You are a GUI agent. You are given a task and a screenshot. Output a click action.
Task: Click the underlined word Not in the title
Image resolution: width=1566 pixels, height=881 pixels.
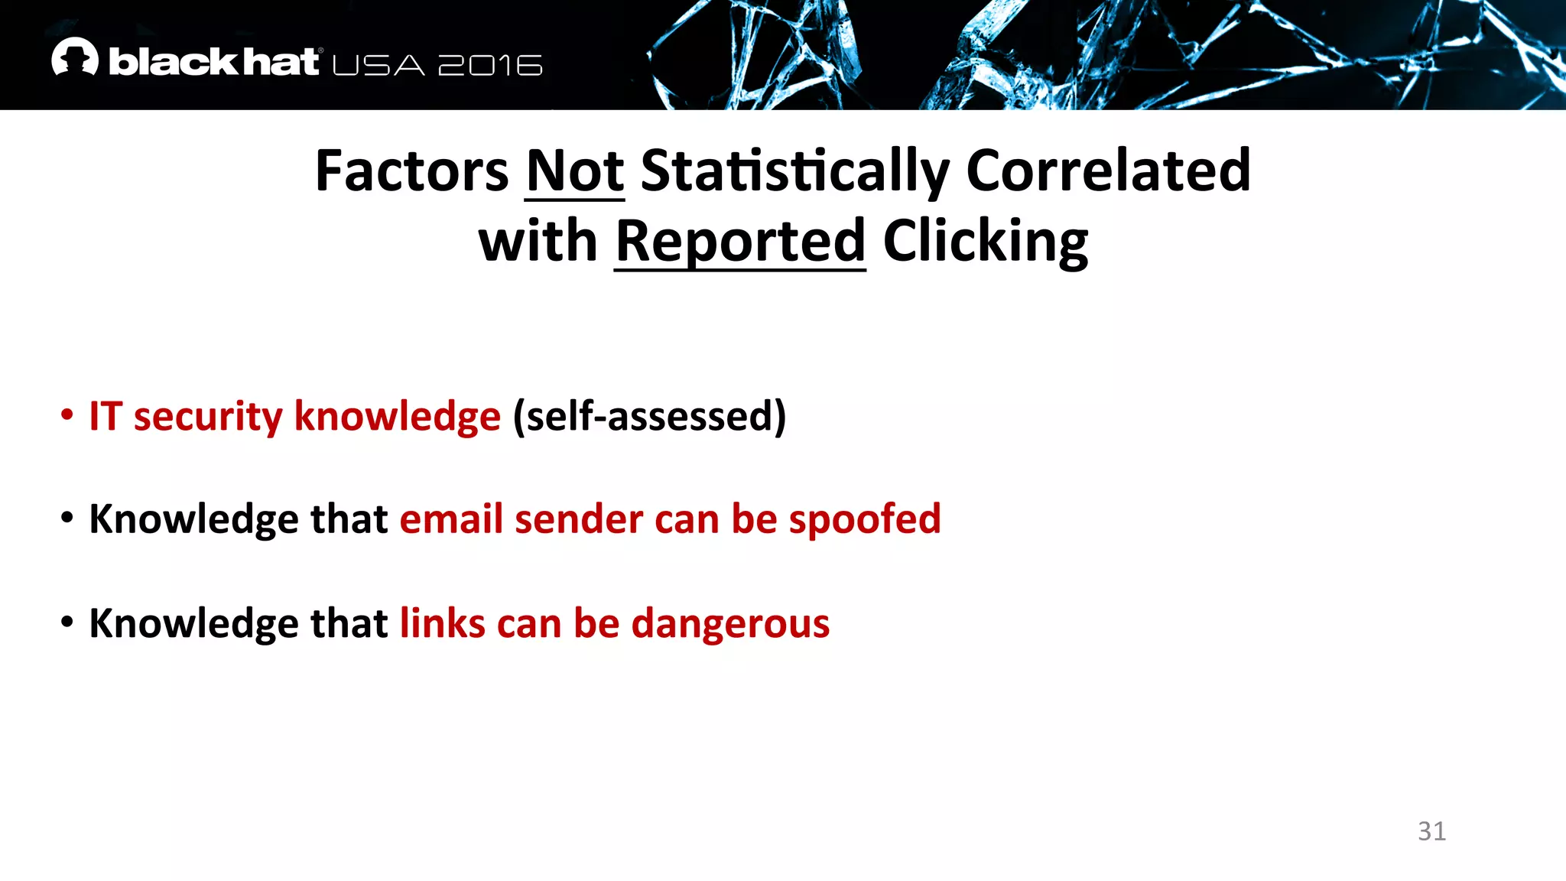575,171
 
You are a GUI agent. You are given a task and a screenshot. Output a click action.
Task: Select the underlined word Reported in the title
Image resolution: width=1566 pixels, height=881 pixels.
740,242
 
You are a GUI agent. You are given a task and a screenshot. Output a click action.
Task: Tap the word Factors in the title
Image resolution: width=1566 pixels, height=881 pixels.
411,171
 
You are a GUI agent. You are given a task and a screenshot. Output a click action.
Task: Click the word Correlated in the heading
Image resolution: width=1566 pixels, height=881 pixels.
1108,171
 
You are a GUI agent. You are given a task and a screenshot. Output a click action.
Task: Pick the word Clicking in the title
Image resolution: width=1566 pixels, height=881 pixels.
986,242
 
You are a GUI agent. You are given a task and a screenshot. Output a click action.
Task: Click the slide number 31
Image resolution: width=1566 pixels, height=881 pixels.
1431,831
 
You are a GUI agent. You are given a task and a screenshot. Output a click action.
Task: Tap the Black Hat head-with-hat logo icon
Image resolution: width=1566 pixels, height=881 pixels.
75,57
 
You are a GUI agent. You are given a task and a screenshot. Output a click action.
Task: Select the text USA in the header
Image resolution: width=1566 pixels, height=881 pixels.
379,66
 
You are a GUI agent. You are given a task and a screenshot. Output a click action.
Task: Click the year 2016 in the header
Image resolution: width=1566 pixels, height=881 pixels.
490,66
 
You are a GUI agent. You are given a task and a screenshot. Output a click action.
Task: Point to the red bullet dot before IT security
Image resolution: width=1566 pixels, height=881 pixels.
67,415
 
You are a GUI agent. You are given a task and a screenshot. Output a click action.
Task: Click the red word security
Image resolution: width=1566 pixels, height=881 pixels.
208,417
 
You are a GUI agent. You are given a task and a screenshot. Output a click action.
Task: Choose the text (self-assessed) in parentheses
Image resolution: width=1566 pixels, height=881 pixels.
649,417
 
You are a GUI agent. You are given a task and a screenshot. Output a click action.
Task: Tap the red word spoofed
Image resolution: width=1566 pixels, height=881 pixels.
865,520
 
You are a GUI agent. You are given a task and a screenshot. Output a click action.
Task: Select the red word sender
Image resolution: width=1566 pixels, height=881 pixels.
578,520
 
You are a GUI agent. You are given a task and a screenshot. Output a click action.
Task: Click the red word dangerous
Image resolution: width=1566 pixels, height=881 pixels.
730,624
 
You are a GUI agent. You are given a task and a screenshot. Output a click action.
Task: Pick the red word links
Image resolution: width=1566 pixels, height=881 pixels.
443,623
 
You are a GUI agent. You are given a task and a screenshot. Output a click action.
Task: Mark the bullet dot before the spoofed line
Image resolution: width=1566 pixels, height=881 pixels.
67,519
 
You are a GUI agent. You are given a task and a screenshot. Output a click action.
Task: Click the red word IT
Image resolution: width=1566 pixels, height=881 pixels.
106,417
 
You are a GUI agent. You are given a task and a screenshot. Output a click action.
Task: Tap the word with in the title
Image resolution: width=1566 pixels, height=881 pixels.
538,242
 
